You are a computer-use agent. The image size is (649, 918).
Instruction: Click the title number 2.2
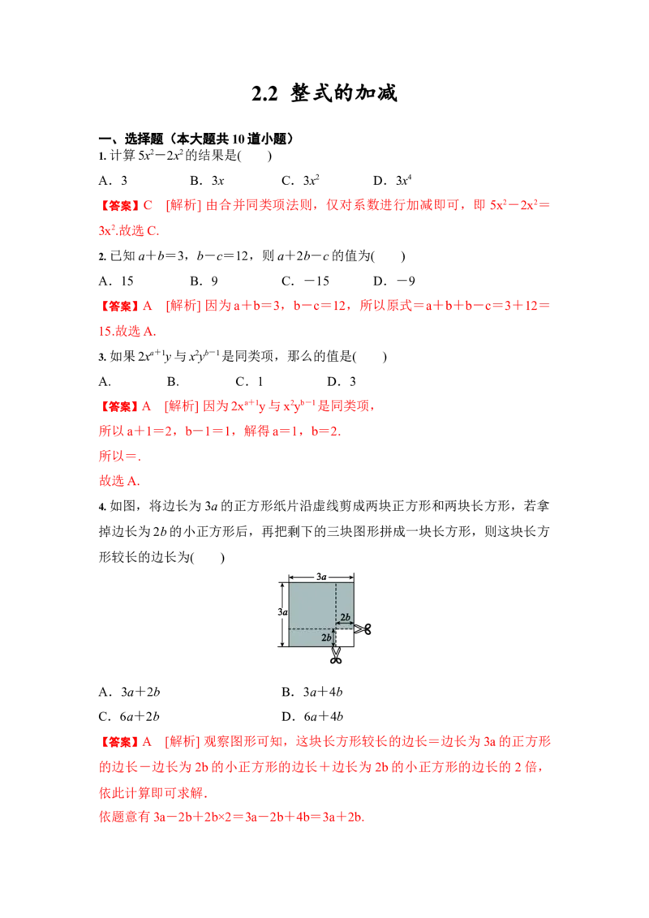[264, 94]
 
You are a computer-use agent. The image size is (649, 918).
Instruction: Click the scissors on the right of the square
[363, 629]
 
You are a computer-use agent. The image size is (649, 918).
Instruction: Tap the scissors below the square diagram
[336, 655]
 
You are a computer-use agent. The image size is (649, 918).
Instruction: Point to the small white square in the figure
[345, 637]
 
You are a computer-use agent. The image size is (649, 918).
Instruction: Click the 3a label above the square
[321, 577]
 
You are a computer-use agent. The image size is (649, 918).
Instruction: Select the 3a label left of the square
[282, 611]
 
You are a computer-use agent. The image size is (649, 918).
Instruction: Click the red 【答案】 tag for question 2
[119, 307]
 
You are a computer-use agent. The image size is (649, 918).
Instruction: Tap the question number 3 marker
[102, 357]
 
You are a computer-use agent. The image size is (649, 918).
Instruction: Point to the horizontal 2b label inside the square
[345, 617]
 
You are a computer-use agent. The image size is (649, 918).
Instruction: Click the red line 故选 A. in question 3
[119, 481]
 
